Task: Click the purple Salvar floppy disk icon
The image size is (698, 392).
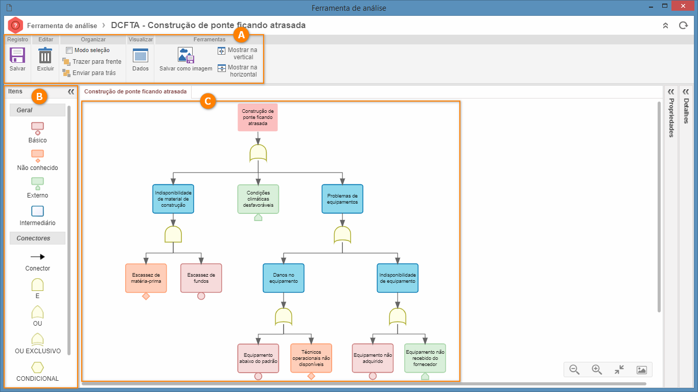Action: tap(17, 56)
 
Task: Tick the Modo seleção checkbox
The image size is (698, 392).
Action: tap(69, 50)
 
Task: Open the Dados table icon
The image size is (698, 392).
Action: tap(140, 56)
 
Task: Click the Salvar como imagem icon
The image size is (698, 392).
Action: tap(185, 55)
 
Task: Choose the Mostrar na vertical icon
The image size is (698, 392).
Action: tap(221, 51)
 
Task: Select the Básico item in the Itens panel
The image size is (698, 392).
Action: tap(37, 128)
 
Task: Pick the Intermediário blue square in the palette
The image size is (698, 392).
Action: tap(37, 211)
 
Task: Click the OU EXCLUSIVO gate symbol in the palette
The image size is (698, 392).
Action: tap(37, 339)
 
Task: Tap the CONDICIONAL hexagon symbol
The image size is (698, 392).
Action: tap(37, 367)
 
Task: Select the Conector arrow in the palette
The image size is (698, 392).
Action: tap(38, 257)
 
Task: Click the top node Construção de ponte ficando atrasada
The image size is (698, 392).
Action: tap(258, 117)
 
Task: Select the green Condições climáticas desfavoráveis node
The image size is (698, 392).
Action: tap(258, 199)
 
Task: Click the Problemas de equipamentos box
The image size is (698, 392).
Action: tap(342, 199)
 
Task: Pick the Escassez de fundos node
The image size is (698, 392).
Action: tap(201, 278)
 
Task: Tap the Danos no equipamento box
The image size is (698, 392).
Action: tap(284, 278)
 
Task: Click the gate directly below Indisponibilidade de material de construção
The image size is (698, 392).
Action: tap(173, 234)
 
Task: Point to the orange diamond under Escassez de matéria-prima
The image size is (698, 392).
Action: tap(146, 296)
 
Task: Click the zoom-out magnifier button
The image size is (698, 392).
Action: tap(574, 370)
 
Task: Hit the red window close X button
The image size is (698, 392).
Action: tap(683, 6)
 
